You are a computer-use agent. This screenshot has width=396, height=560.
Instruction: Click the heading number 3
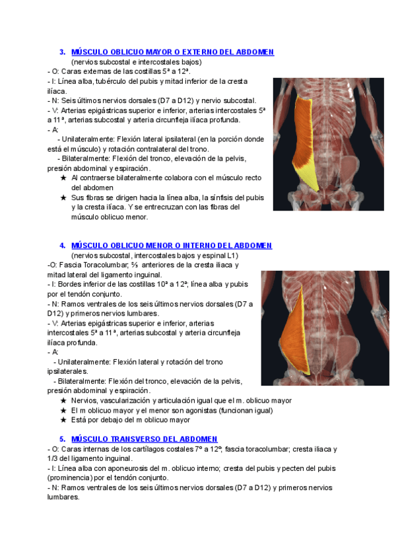62,52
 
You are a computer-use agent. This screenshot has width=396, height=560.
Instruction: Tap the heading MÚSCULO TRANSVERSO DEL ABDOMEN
144,439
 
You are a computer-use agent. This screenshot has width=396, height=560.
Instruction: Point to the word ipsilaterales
67,372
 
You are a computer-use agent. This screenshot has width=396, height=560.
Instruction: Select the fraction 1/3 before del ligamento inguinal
53,458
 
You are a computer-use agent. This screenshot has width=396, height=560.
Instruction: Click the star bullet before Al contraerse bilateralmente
63,178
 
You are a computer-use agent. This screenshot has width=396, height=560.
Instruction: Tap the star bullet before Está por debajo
63,420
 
